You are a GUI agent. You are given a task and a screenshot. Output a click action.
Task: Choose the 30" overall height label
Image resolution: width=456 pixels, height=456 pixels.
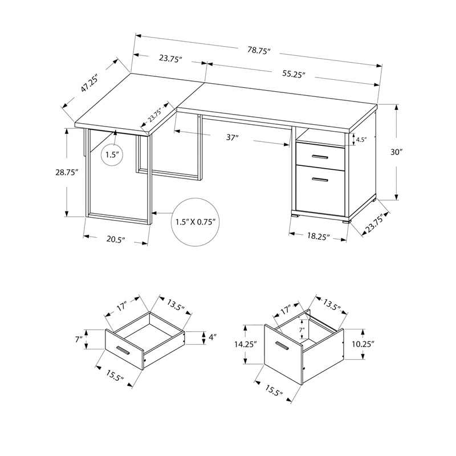(x=397, y=152)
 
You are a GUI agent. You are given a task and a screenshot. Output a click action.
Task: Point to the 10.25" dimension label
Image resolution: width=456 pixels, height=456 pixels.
(x=363, y=344)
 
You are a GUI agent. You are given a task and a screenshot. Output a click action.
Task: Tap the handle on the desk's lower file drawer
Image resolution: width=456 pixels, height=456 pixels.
(x=320, y=180)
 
